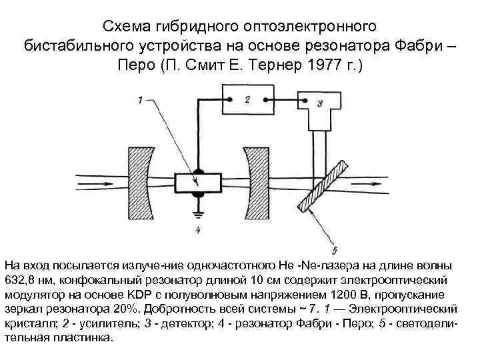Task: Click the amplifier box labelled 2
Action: [246, 100]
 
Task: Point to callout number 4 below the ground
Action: [197, 231]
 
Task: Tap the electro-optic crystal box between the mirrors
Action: [197, 182]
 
